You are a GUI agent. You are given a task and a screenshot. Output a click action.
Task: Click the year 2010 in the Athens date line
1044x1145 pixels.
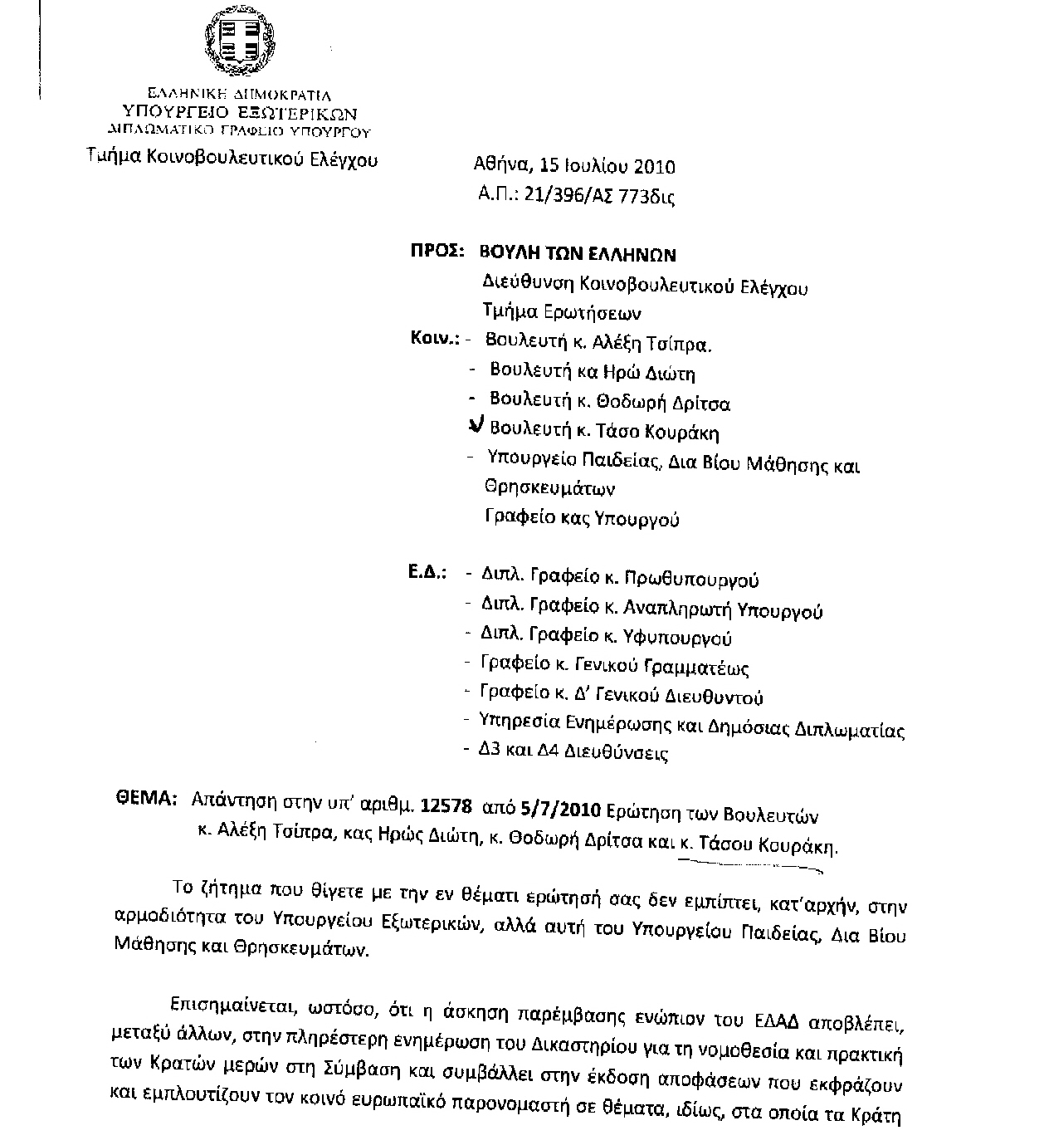tap(655, 166)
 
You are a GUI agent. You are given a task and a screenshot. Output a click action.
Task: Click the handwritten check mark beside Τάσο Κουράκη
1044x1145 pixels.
tap(476, 426)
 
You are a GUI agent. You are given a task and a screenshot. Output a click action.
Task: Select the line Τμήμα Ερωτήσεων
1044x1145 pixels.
tap(562, 313)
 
